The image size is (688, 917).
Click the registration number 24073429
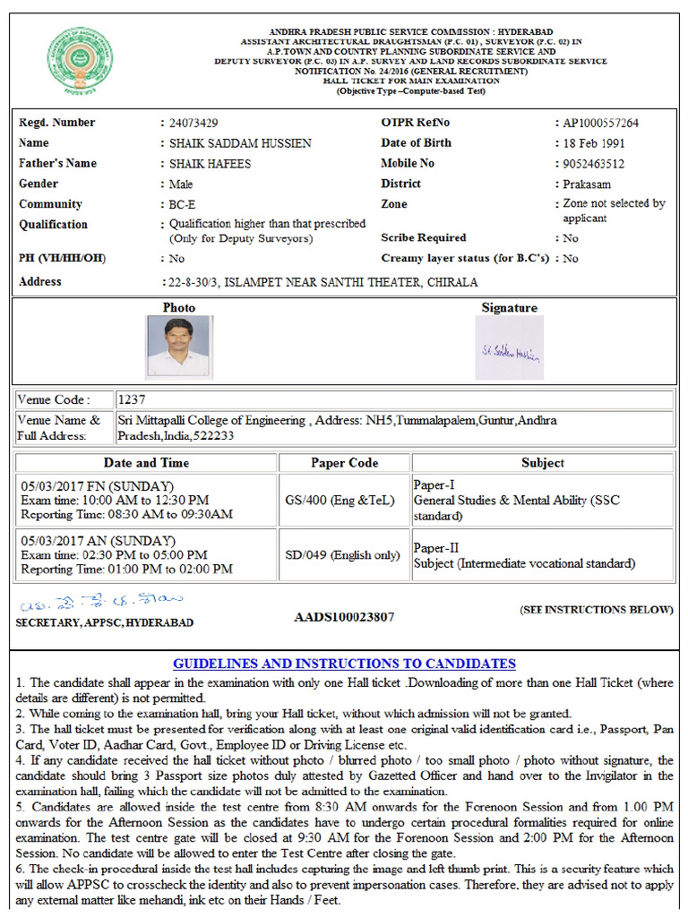pos(193,123)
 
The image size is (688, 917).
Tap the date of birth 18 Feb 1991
pos(594,143)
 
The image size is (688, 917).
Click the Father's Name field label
pos(57,163)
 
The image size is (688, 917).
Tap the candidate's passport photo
pos(178,346)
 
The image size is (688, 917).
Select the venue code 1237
pos(131,399)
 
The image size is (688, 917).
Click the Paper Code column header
pos(344,463)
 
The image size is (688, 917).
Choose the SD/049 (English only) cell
pos(344,555)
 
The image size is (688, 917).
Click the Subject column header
pos(542,463)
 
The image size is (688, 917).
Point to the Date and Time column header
pos(146,463)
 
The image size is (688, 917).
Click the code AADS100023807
pos(344,617)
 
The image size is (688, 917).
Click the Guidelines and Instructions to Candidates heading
pos(344,664)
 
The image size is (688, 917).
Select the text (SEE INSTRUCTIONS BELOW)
pos(596,610)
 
